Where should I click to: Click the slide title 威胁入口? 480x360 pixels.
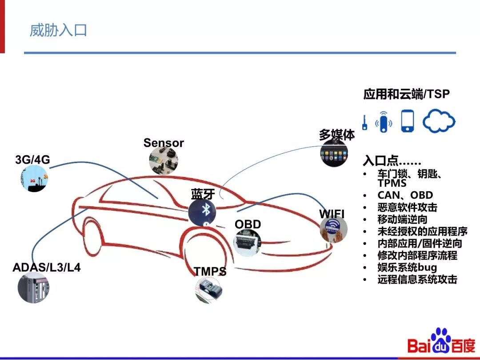click(58, 30)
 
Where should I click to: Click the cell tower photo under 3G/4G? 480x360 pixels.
click(34, 178)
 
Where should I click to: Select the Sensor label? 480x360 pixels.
click(164, 143)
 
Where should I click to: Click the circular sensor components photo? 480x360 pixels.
click(164, 160)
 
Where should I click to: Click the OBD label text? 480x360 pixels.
click(248, 224)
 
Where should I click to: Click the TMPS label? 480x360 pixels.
click(210, 271)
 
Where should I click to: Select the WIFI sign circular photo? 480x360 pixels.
click(333, 229)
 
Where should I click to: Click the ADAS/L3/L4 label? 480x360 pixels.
click(47, 268)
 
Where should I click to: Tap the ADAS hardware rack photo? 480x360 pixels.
click(34, 288)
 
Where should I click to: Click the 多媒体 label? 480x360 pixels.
click(336, 135)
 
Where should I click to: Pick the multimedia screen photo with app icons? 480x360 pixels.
click(334, 153)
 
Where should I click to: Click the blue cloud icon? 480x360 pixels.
click(439, 121)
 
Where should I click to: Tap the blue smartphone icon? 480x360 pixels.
click(408, 121)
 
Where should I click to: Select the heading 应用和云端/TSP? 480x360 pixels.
click(406, 94)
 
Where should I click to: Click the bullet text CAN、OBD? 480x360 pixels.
click(405, 195)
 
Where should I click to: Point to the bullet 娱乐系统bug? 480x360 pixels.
click(407, 268)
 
